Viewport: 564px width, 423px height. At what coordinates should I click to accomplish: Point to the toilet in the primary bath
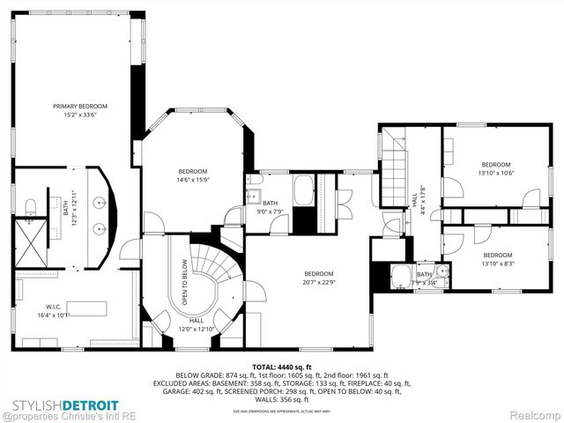click(x=30, y=206)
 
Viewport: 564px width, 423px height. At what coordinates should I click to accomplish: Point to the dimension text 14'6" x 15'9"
click(x=192, y=180)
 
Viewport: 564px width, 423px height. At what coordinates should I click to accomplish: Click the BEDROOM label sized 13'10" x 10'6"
click(x=495, y=165)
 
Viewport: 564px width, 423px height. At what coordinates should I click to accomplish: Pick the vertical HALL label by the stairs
click(x=413, y=200)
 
